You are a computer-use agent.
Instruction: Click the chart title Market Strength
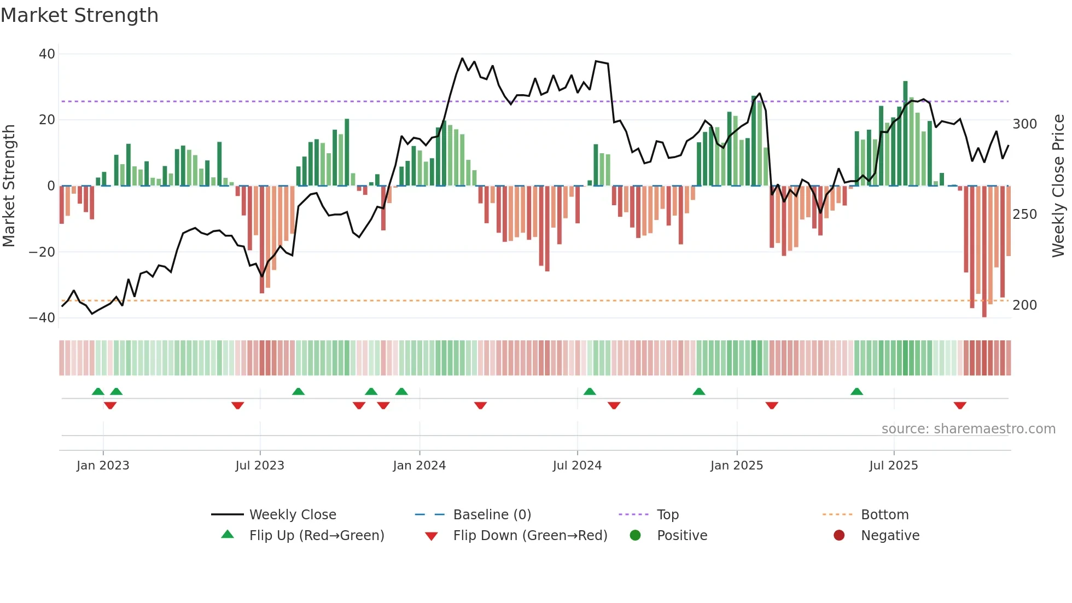coord(79,15)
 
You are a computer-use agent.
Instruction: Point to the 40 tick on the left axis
coord(47,54)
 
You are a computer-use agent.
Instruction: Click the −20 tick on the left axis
coord(42,252)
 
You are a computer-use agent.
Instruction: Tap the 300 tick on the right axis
coord(1024,124)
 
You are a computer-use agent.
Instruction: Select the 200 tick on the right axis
coord(1024,305)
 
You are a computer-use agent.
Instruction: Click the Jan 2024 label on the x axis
coord(419,466)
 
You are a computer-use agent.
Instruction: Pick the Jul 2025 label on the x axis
coord(893,466)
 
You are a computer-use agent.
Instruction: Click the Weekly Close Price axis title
coord(1058,186)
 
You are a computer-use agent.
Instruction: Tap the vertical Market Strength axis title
coord(9,186)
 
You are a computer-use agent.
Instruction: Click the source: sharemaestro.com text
coord(968,429)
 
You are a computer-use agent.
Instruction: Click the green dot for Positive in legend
coord(635,536)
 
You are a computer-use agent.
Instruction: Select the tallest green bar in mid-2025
coord(905,134)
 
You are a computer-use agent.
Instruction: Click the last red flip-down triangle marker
coord(960,405)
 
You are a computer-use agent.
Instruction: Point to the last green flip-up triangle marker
coord(857,392)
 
